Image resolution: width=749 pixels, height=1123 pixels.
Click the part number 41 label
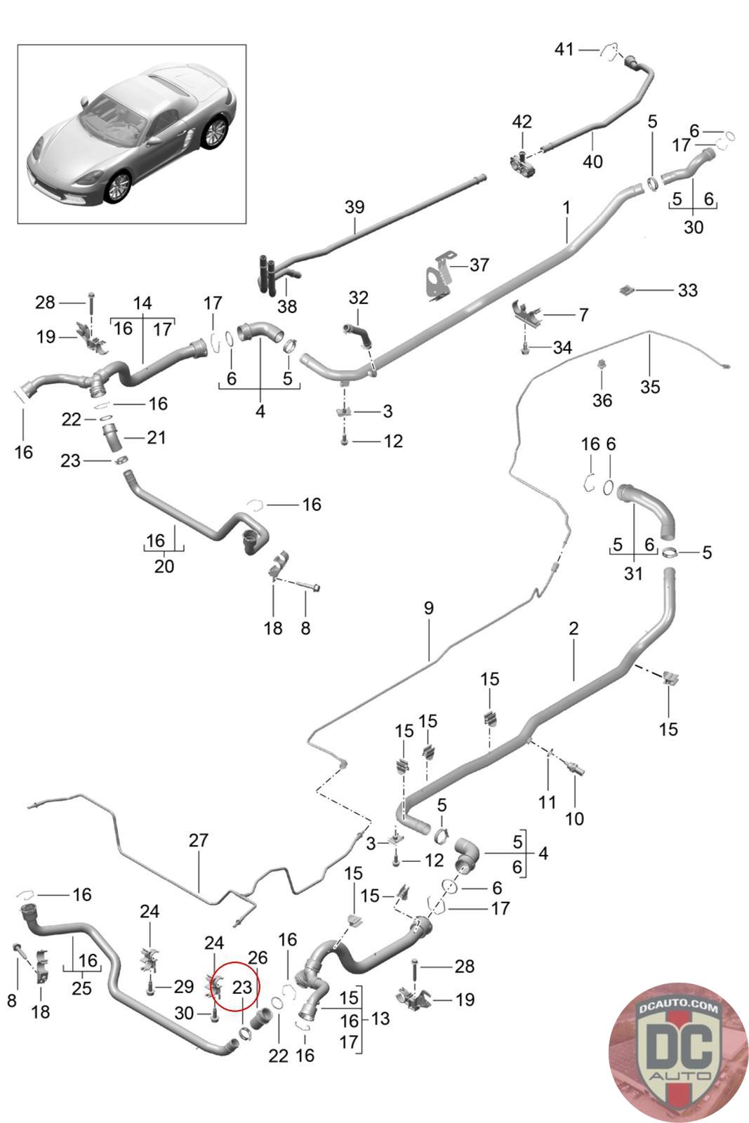(x=564, y=49)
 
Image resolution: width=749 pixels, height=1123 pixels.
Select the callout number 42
(x=522, y=121)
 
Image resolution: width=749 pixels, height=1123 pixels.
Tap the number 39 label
(x=354, y=208)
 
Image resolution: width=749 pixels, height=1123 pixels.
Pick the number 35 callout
(x=650, y=387)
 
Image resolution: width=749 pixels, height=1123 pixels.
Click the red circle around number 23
(x=236, y=987)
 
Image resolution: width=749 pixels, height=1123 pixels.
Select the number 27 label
(x=199, y=841)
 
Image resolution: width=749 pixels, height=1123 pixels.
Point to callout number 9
(x=428, y=608)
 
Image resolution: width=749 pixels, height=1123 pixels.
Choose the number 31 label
(x=633, y=573)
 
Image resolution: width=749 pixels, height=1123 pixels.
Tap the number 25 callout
(x=82, y=988)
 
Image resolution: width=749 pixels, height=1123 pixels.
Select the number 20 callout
(x=164, y=566)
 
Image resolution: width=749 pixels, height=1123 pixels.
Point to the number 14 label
(x=142, y=303)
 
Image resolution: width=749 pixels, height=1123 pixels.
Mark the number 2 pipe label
(x=573, y=629)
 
